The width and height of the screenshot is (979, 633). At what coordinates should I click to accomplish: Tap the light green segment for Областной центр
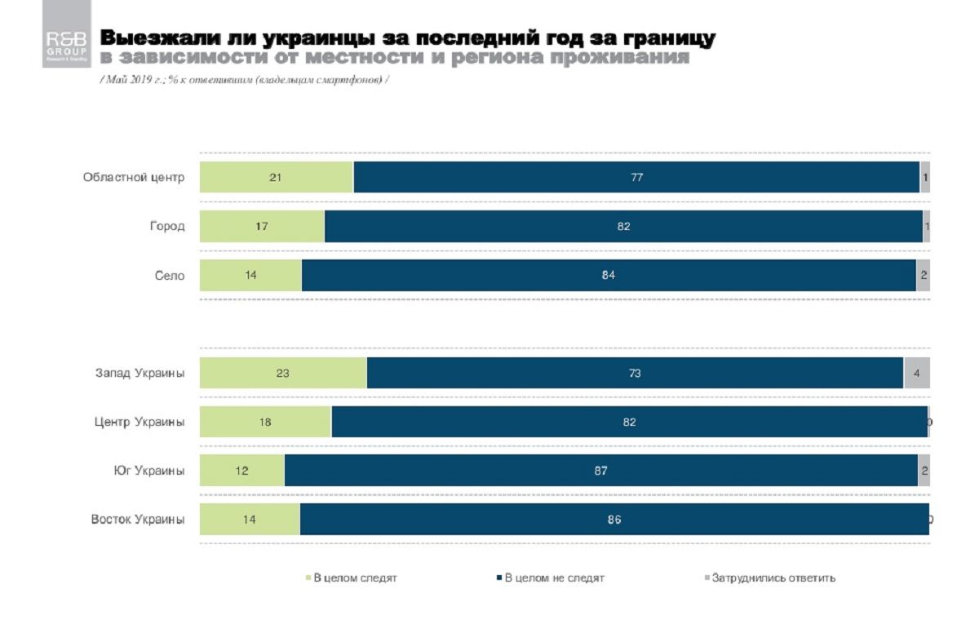click(x=276, y=177)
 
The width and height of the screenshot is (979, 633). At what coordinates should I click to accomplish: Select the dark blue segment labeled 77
click(x=636, y=177)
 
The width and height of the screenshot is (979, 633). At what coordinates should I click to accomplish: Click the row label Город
click(x=166, y=226)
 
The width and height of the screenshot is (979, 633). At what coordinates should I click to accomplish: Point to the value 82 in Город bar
click(x=623, y=226)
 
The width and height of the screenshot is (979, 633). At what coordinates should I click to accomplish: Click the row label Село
click(x=170, y=275)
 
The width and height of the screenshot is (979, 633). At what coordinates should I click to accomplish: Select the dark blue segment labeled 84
click(x=608, y=275)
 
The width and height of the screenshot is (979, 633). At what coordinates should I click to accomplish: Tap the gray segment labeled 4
click(x=916, y=373)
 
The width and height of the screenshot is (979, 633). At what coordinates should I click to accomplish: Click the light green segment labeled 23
click(x=283, y=373)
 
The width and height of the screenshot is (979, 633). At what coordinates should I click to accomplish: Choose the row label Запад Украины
click(x=140, y=373)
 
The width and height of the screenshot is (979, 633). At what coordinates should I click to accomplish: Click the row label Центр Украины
click(x=139, y=422)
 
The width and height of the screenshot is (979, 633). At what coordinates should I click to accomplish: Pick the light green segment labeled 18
click(x=265, y=422)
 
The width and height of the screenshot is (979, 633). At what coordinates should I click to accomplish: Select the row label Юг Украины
click(x=148, y=471)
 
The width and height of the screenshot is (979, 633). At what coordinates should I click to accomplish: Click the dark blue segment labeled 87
click(x=600, y=471)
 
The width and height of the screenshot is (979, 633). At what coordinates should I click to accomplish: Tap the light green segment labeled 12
click(x=241, y=471)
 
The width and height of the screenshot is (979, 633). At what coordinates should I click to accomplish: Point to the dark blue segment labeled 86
click(x=614, y=520)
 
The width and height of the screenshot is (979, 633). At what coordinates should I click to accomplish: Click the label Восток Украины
click(x=137, y=520)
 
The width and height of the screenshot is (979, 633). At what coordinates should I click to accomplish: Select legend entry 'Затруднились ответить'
click(x=772, y=578)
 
